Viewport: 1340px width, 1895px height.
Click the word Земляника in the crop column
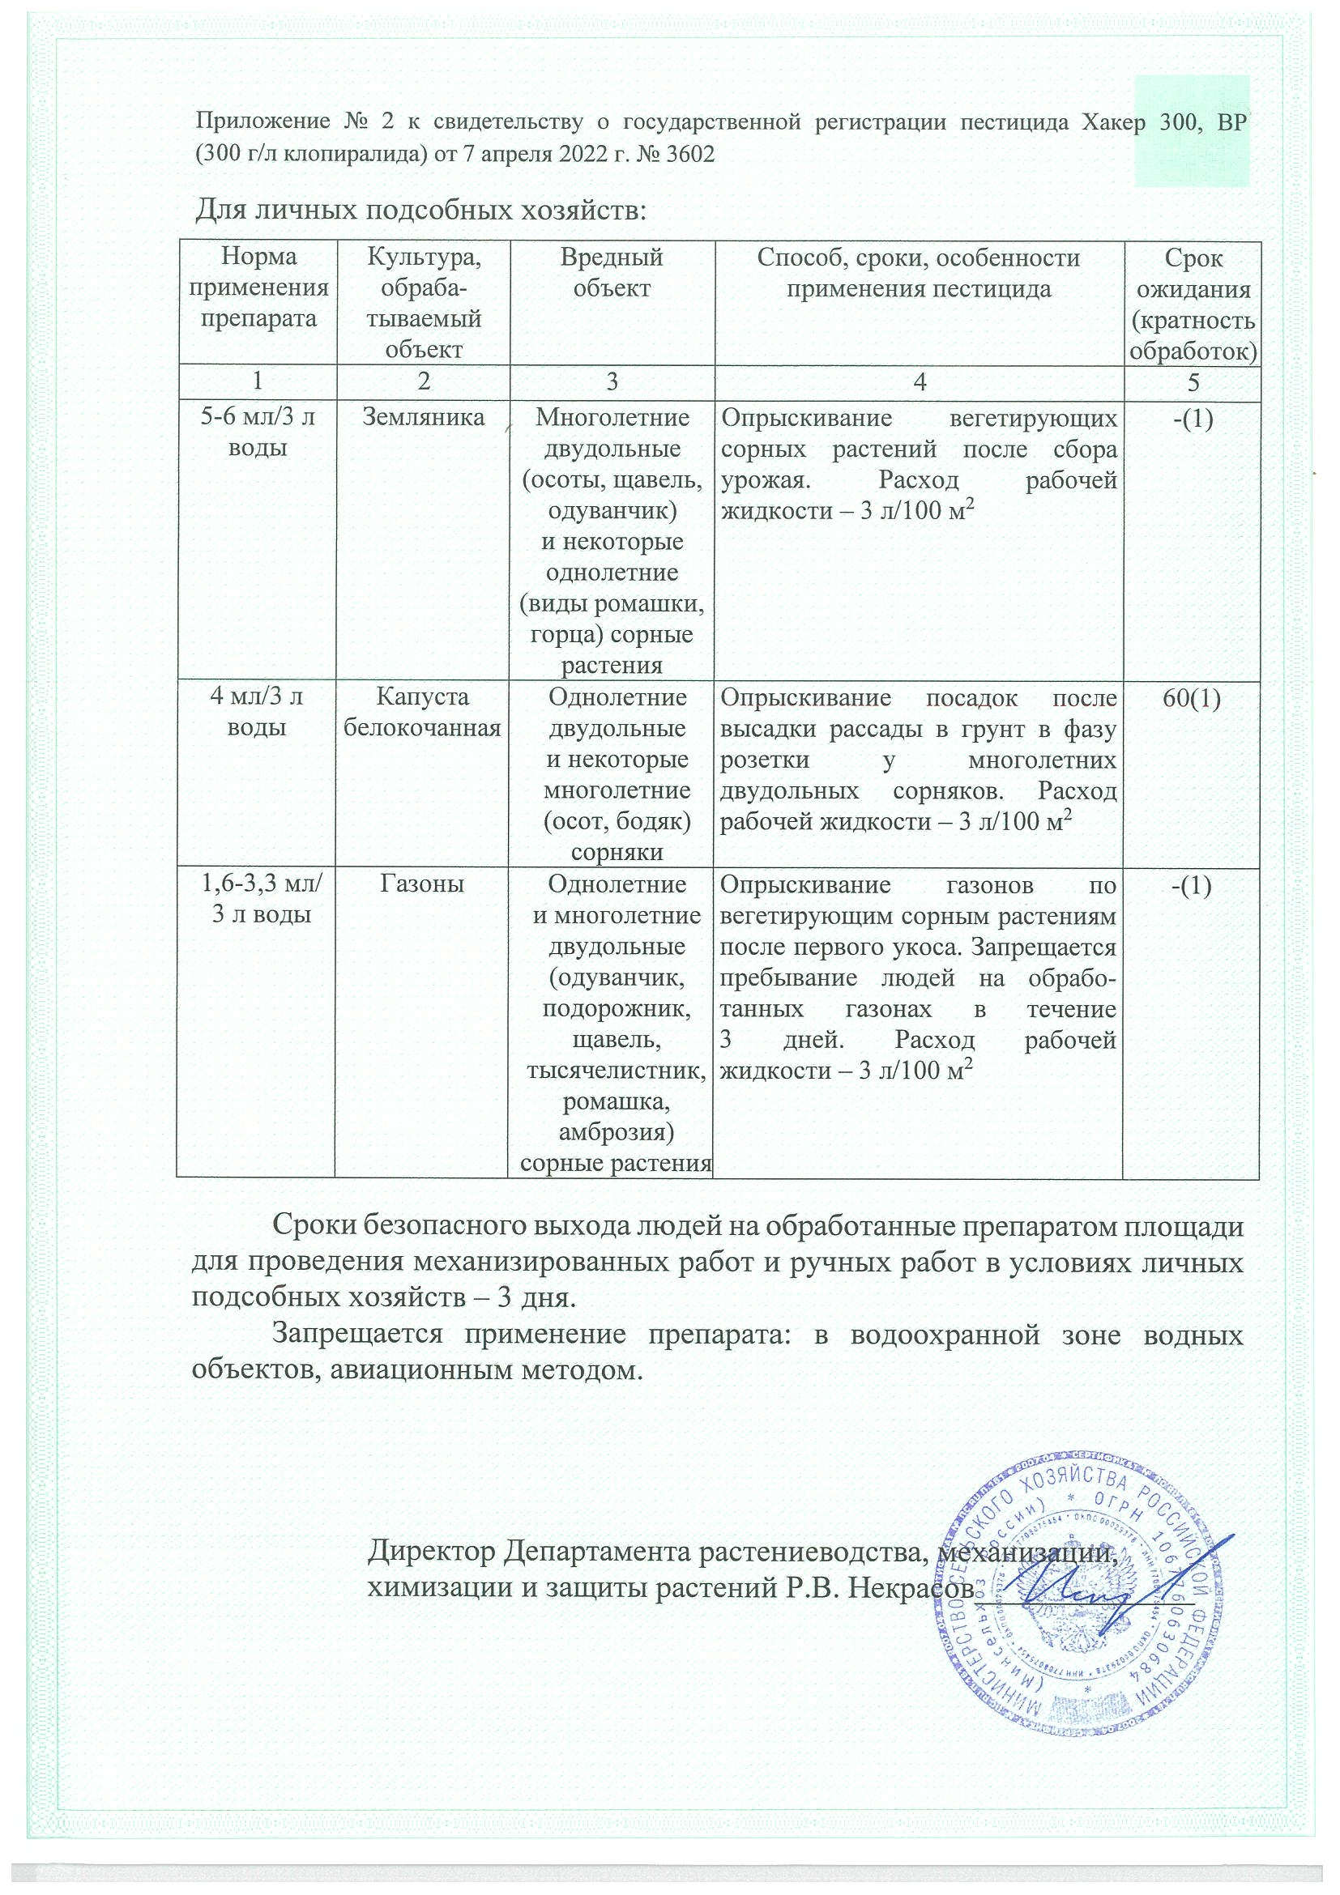[424, 418]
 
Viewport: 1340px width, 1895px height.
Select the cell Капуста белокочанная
[423, 713]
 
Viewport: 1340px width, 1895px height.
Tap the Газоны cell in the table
[422, 884]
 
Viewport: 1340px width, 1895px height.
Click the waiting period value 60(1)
[1191, 698]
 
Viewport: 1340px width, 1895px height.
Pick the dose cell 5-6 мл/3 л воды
[258, 432]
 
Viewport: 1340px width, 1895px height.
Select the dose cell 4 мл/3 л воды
[258, 713]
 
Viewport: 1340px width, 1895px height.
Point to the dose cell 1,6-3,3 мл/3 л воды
[262, 900]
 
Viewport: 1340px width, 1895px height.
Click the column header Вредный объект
[611, 273]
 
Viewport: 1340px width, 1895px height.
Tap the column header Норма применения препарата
[258, 288]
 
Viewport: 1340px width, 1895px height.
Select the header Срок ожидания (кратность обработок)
[1193, 304]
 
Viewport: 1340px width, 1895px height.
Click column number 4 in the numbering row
[919, 381]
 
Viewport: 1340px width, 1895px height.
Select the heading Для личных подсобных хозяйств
[420, 211]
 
